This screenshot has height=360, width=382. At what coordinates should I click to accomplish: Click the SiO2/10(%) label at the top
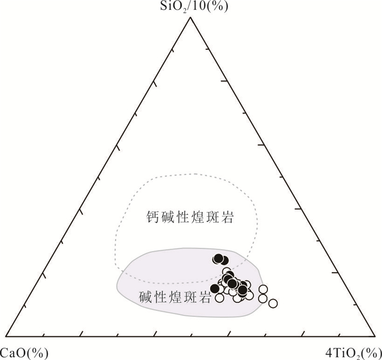[x=194, y=7]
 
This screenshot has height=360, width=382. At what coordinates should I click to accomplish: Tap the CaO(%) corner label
[x=24, y=352]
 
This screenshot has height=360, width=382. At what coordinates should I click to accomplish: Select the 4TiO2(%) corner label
[x=354, y=353]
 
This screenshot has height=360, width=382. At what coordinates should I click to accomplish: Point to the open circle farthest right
[x=273, y=303]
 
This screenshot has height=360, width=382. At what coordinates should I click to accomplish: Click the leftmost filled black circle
[x=215, y=289]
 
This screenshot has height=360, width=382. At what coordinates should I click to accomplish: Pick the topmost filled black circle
[x=218, y=259]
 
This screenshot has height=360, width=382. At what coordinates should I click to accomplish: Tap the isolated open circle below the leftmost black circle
[x=219, y=298]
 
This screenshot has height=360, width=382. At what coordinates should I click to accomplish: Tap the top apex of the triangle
[x=190, y=18]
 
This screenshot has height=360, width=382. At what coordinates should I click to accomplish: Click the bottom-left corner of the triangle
[x=6, y=336]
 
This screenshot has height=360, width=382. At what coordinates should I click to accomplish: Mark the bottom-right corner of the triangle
[x=375, y=336]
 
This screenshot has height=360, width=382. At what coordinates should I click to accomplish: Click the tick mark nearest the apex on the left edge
[x=173, y=50]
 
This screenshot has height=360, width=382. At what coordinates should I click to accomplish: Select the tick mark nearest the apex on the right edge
[x=207, y=50]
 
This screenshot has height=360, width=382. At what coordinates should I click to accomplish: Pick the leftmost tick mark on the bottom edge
[x=43, y=335]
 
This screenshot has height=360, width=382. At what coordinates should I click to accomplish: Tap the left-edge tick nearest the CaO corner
[x=25, y=307]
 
